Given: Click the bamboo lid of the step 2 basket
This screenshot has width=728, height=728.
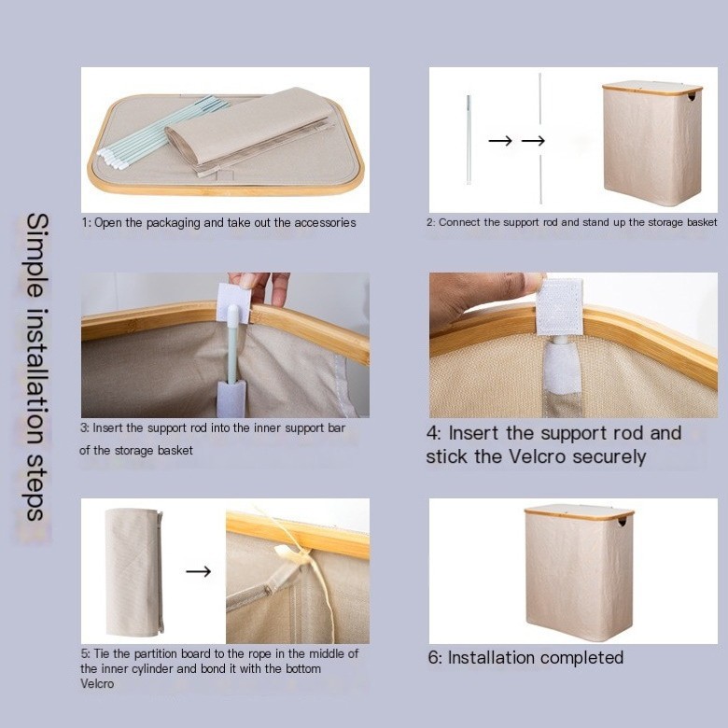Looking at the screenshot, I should [651, 89].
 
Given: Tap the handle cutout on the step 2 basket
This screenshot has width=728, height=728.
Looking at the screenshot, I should [691, 96].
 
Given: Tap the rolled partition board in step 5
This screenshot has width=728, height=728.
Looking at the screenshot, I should [133, 571].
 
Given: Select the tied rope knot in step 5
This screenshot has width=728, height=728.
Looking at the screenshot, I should [285, 558].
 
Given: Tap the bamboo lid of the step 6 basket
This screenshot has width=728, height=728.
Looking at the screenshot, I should [579, 512].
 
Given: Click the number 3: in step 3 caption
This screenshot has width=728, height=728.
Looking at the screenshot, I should [86, 428].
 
